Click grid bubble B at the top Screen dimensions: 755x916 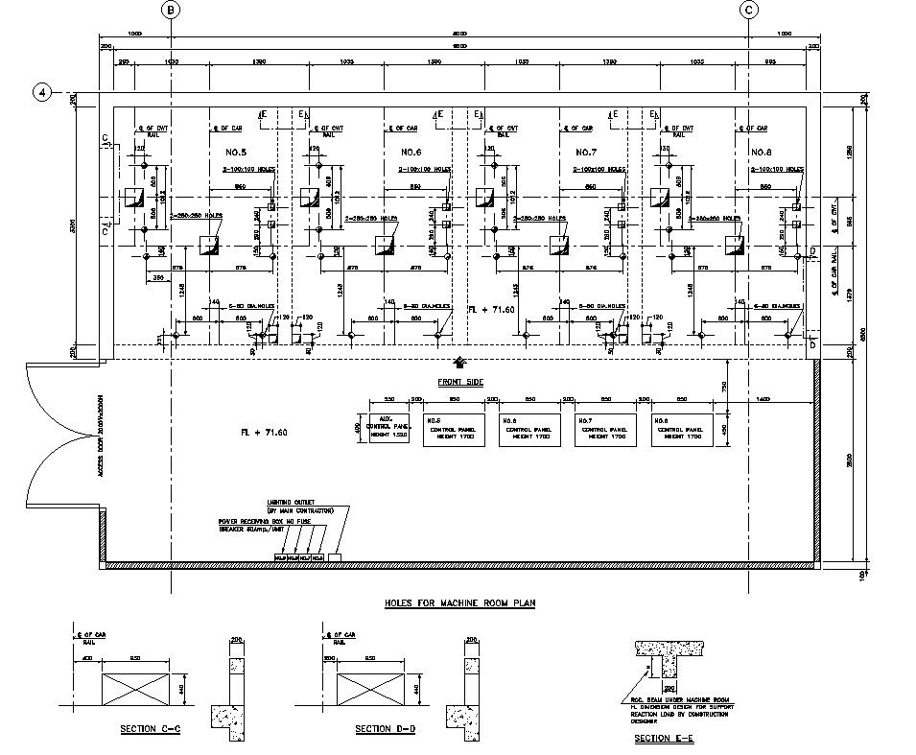click(170, 10)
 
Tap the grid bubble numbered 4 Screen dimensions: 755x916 click(41, 92)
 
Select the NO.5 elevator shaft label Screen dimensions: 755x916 click(237, 153)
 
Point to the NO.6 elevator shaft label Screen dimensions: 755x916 click(411, 153)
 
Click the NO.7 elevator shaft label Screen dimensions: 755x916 click(586, 153)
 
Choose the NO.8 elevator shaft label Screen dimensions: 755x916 click(762, 153)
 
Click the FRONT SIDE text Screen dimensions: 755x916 click(460, 382)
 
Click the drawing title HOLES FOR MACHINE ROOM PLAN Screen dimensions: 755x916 click(459, 603)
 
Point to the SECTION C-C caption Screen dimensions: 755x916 click(151, 729)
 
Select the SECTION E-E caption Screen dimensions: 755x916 click(665, 739)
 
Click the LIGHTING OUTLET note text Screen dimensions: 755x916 click(300, 506)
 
